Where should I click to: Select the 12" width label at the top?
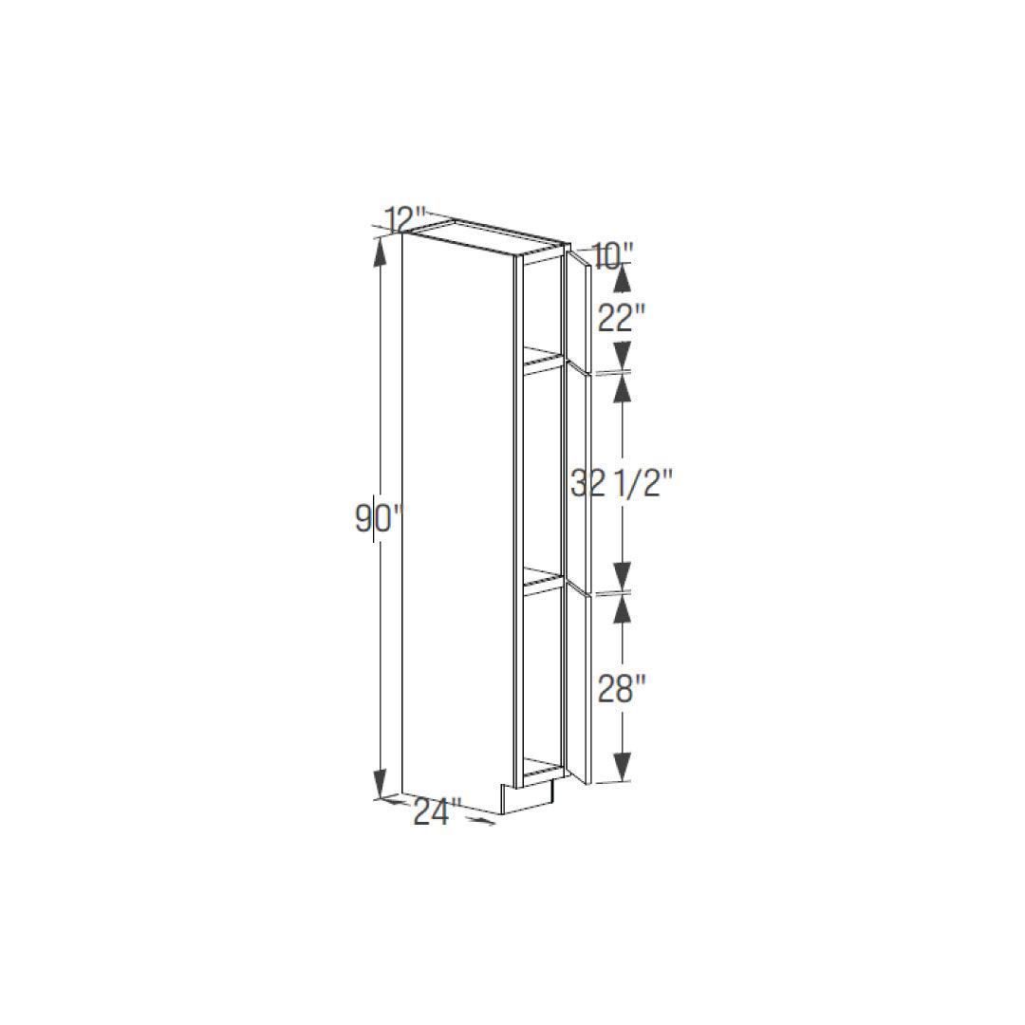pyautogui.click(x=406, y=220)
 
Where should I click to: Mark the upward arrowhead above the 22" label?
pyautogui.click(x=623, y=280)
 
